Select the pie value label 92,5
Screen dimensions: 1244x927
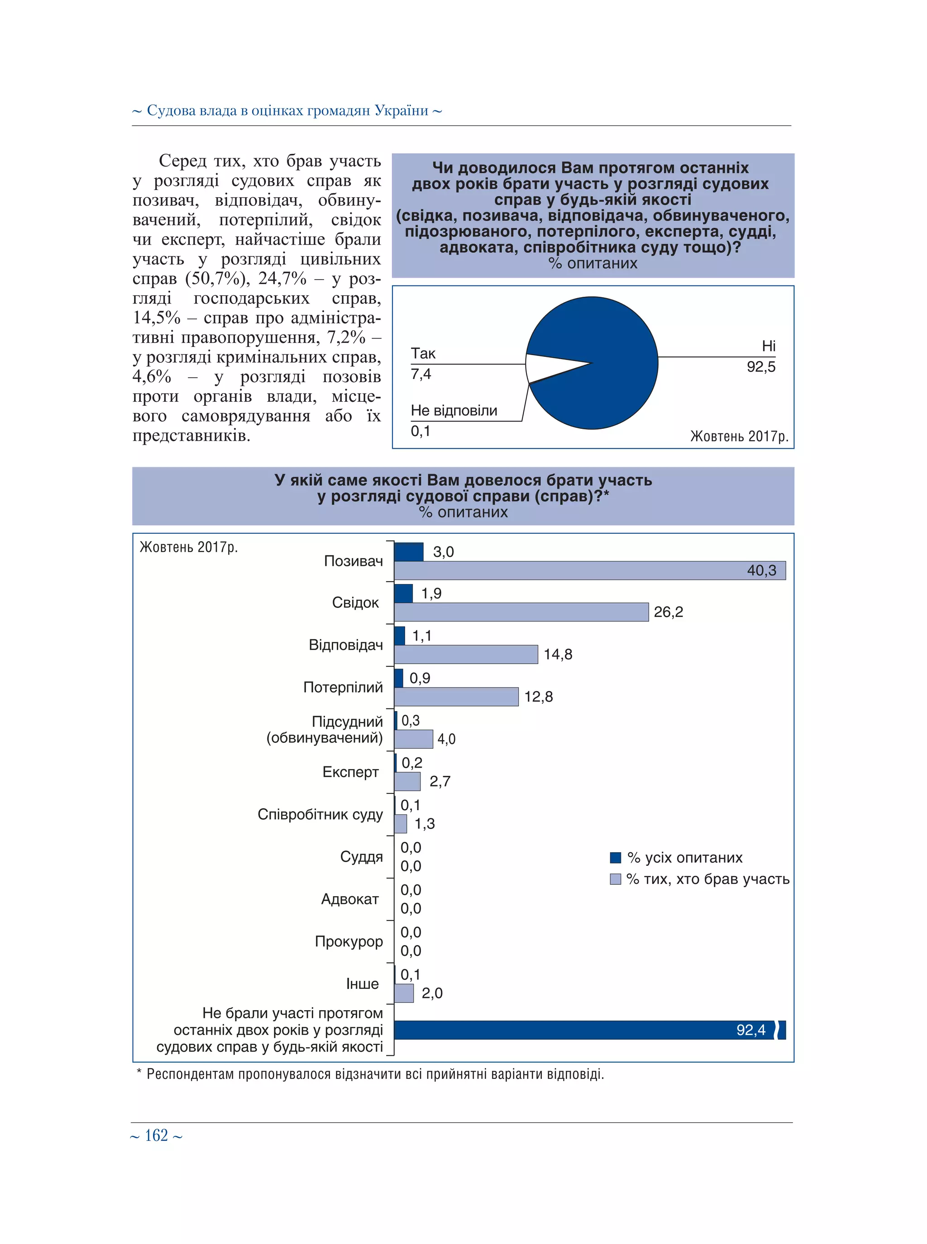click(x=760, y=367)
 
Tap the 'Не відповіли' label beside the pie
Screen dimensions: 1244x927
click(x=454, y=411)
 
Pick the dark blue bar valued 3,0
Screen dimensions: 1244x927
click(x=409, y=552)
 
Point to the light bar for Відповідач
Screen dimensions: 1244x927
click(x=466, y=654)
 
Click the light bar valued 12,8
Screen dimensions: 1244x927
click(x=456, y=697)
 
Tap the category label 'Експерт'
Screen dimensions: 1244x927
click(x=350, y=772)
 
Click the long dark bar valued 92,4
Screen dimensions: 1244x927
click(x=583, y=1030)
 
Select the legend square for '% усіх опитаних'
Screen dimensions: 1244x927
click(x=616, y=858)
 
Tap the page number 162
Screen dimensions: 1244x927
click(x=157, y=1135)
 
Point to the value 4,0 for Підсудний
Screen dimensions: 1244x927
click(x=446, y=739)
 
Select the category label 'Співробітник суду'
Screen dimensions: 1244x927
click(x=320, y=814)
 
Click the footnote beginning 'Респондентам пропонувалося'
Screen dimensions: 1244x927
click(x=375, y=1074)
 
